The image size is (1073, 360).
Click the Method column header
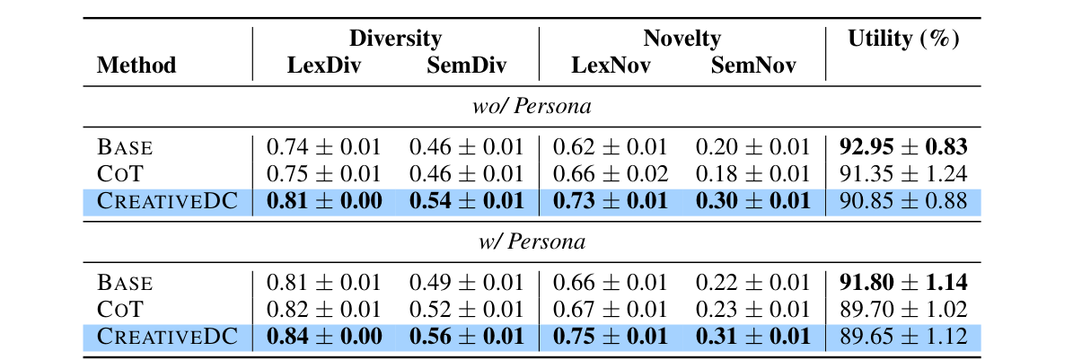coord(136,66)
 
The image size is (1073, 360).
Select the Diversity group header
coord(395,39)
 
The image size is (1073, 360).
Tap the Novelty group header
coord(682,39)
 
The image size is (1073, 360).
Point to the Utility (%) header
coord(903,39)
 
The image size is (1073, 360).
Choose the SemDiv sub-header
coord(466,66)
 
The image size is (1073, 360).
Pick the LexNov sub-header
coord(610,66)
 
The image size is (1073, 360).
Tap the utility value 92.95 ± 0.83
coord(903,146)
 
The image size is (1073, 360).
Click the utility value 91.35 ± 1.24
coord(903,173)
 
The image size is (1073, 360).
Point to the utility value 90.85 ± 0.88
coord(903,200)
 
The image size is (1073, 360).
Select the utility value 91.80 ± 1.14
coord(903,283)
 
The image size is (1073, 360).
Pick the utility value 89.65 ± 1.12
coord(903,337)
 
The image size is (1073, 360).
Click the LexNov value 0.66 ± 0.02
coord(610,173)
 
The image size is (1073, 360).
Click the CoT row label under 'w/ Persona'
coord(119,310)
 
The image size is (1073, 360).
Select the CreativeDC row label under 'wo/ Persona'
coord(167,200)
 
